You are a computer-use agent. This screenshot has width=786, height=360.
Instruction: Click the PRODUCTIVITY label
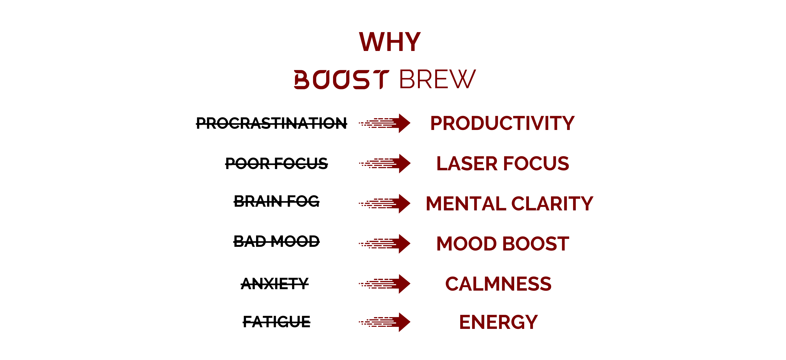click(502, 124)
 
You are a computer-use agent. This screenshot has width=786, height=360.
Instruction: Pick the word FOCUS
click(536, 163)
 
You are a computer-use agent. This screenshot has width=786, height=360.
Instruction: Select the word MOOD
click(466, 244)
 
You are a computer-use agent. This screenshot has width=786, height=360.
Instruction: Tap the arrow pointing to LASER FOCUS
click(385, 164)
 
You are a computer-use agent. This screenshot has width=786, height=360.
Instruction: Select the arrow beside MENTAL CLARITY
click(385, 203)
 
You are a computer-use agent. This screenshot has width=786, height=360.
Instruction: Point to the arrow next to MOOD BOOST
click(385, 244)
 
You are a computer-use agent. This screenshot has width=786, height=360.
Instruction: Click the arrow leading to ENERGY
click(385, 322)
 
